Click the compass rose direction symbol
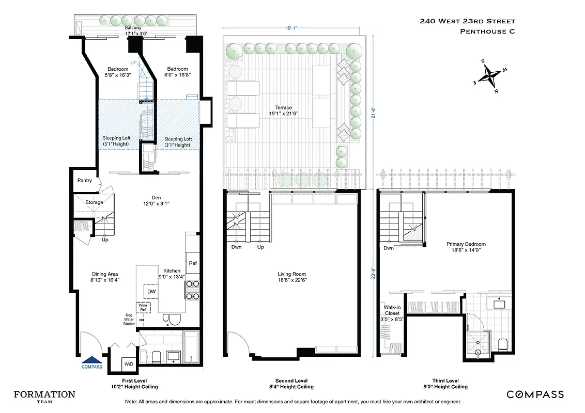point(489,76)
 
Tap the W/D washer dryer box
point(128,364)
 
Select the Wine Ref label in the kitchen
point(143,308)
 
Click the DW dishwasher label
point(151,292)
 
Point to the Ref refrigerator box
point(192,263)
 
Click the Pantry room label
point(84,181)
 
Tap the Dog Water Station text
point(129,320)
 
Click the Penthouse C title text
point(487,31)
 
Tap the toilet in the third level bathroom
point(502,344)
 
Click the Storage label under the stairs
point(94,202)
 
